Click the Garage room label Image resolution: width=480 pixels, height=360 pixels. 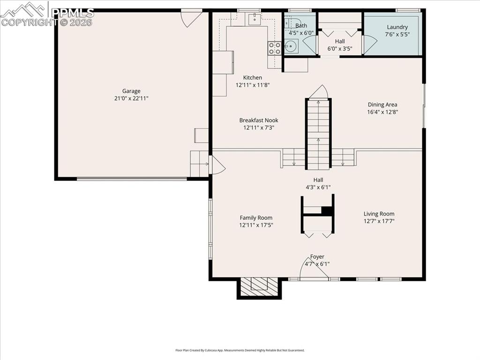click(x=131, y=91)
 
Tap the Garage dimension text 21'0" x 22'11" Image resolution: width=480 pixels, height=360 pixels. click(x=131, y=98)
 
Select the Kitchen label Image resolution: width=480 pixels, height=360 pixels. click(x=253, y=78)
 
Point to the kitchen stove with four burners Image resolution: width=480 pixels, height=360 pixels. click(x=274, y=47)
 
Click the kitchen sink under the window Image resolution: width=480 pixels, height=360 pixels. click(x=254, y=19)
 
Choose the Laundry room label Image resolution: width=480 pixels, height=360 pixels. click(x=397, y=27)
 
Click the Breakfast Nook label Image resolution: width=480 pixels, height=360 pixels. click(x=259, y=120)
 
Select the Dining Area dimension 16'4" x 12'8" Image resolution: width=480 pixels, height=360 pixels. click(x=382, y=112)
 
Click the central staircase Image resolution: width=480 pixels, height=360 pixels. click(x=319, y=134)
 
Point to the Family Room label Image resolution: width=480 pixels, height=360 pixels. click(x=256, y=217)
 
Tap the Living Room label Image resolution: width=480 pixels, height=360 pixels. click(x=379, y=214)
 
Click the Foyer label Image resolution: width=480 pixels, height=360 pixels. click(x=317, y=257)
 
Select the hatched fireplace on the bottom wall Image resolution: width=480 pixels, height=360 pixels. click(x=259, y=285)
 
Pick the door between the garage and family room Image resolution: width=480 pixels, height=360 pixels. click(x=217, y=165)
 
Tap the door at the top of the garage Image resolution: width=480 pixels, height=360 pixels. click(x=191, y=18)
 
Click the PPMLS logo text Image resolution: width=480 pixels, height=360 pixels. click(x=73, y=13)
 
